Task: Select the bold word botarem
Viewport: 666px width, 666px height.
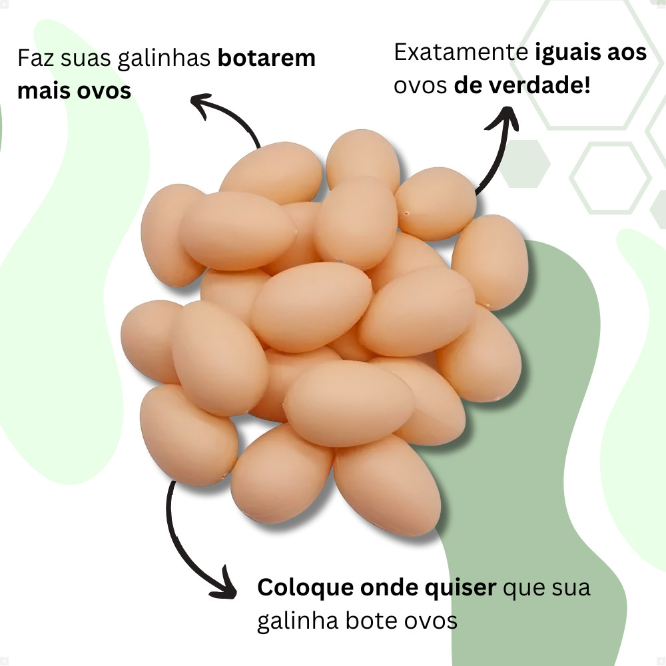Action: pos(266,59)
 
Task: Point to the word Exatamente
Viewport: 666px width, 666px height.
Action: pos(460,53)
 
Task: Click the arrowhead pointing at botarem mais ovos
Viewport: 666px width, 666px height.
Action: pos(200,103)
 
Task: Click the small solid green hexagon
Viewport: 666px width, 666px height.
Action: pos(524,163)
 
